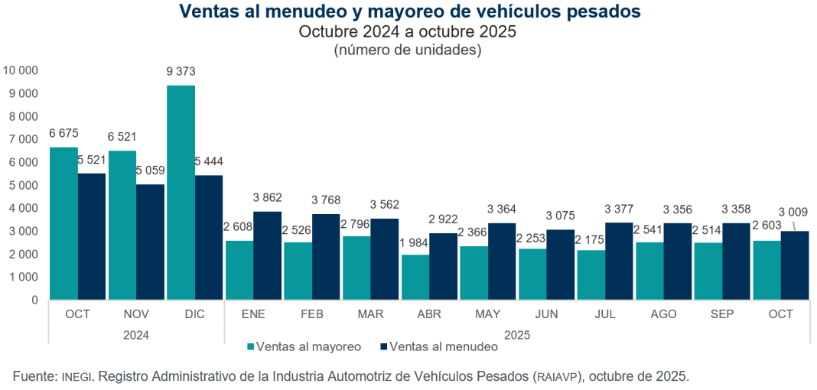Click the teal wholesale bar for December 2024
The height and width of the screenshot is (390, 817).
pos(181,191)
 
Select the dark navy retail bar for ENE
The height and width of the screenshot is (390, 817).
pos(268,255)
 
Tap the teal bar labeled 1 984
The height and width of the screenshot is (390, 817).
pos(415,276)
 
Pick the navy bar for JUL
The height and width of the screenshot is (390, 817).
pos(619,260)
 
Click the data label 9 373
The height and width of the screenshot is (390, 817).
pos(181,72)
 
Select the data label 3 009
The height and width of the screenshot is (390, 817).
pos(793,211)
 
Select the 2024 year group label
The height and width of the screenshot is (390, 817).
pos(136,334)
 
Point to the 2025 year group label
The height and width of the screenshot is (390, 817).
pos(517,334)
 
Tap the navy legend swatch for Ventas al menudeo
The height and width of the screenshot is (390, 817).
pos(384,346)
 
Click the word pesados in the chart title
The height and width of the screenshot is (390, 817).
pos(601,12)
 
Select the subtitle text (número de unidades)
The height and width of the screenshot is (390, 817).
pos(408,50)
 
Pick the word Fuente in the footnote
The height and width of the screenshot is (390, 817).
pos(33,376)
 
